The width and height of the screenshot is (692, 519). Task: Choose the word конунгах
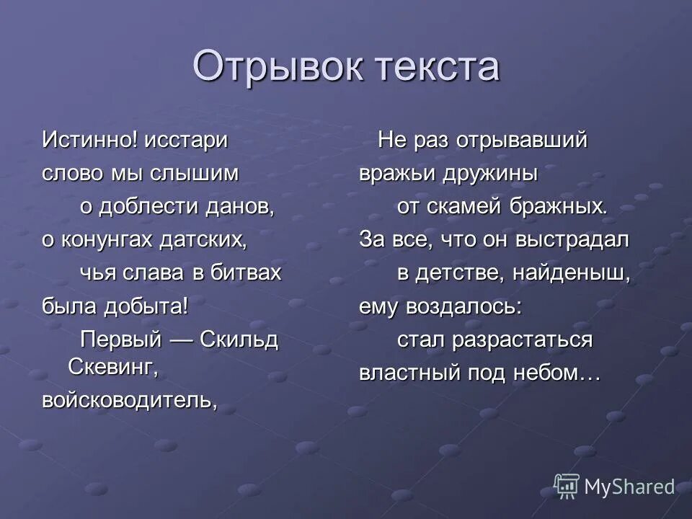click(x=109, y=240)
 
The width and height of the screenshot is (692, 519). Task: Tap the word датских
click(x=213, y=240)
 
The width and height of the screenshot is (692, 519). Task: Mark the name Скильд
click(x=239, y=340)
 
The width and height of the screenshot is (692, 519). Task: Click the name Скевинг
click(x=113, y=366)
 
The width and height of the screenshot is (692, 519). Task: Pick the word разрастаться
click(x=520, y=340)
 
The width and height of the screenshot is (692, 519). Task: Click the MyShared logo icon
click(x=567, y=487)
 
